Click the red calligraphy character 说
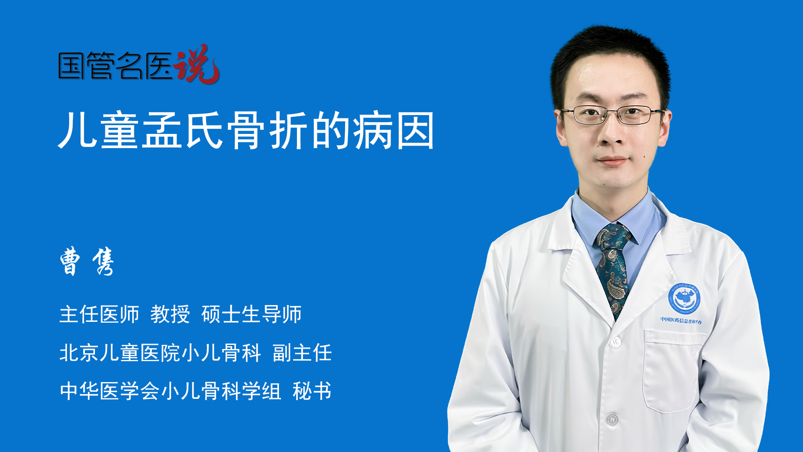197,64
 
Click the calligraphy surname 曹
70,261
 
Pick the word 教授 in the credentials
170,314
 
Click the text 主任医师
99,314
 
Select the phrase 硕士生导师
251,314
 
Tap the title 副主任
302,353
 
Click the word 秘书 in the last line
312,391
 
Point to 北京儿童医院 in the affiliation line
120,353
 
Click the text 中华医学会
110,391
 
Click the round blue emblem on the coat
684,298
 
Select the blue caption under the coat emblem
681,321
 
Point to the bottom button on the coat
611,419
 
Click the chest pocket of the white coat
672,370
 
